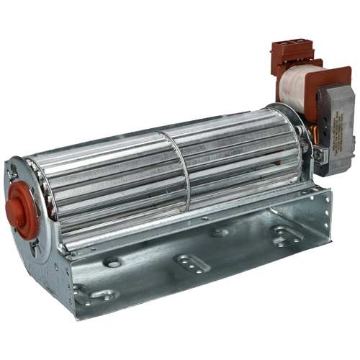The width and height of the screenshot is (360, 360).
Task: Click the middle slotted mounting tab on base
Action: (x=192, y=264)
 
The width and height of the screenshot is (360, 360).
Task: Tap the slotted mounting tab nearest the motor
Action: (x=284, y=233)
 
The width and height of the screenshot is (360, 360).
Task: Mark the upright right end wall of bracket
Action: (x=317, y=216)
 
